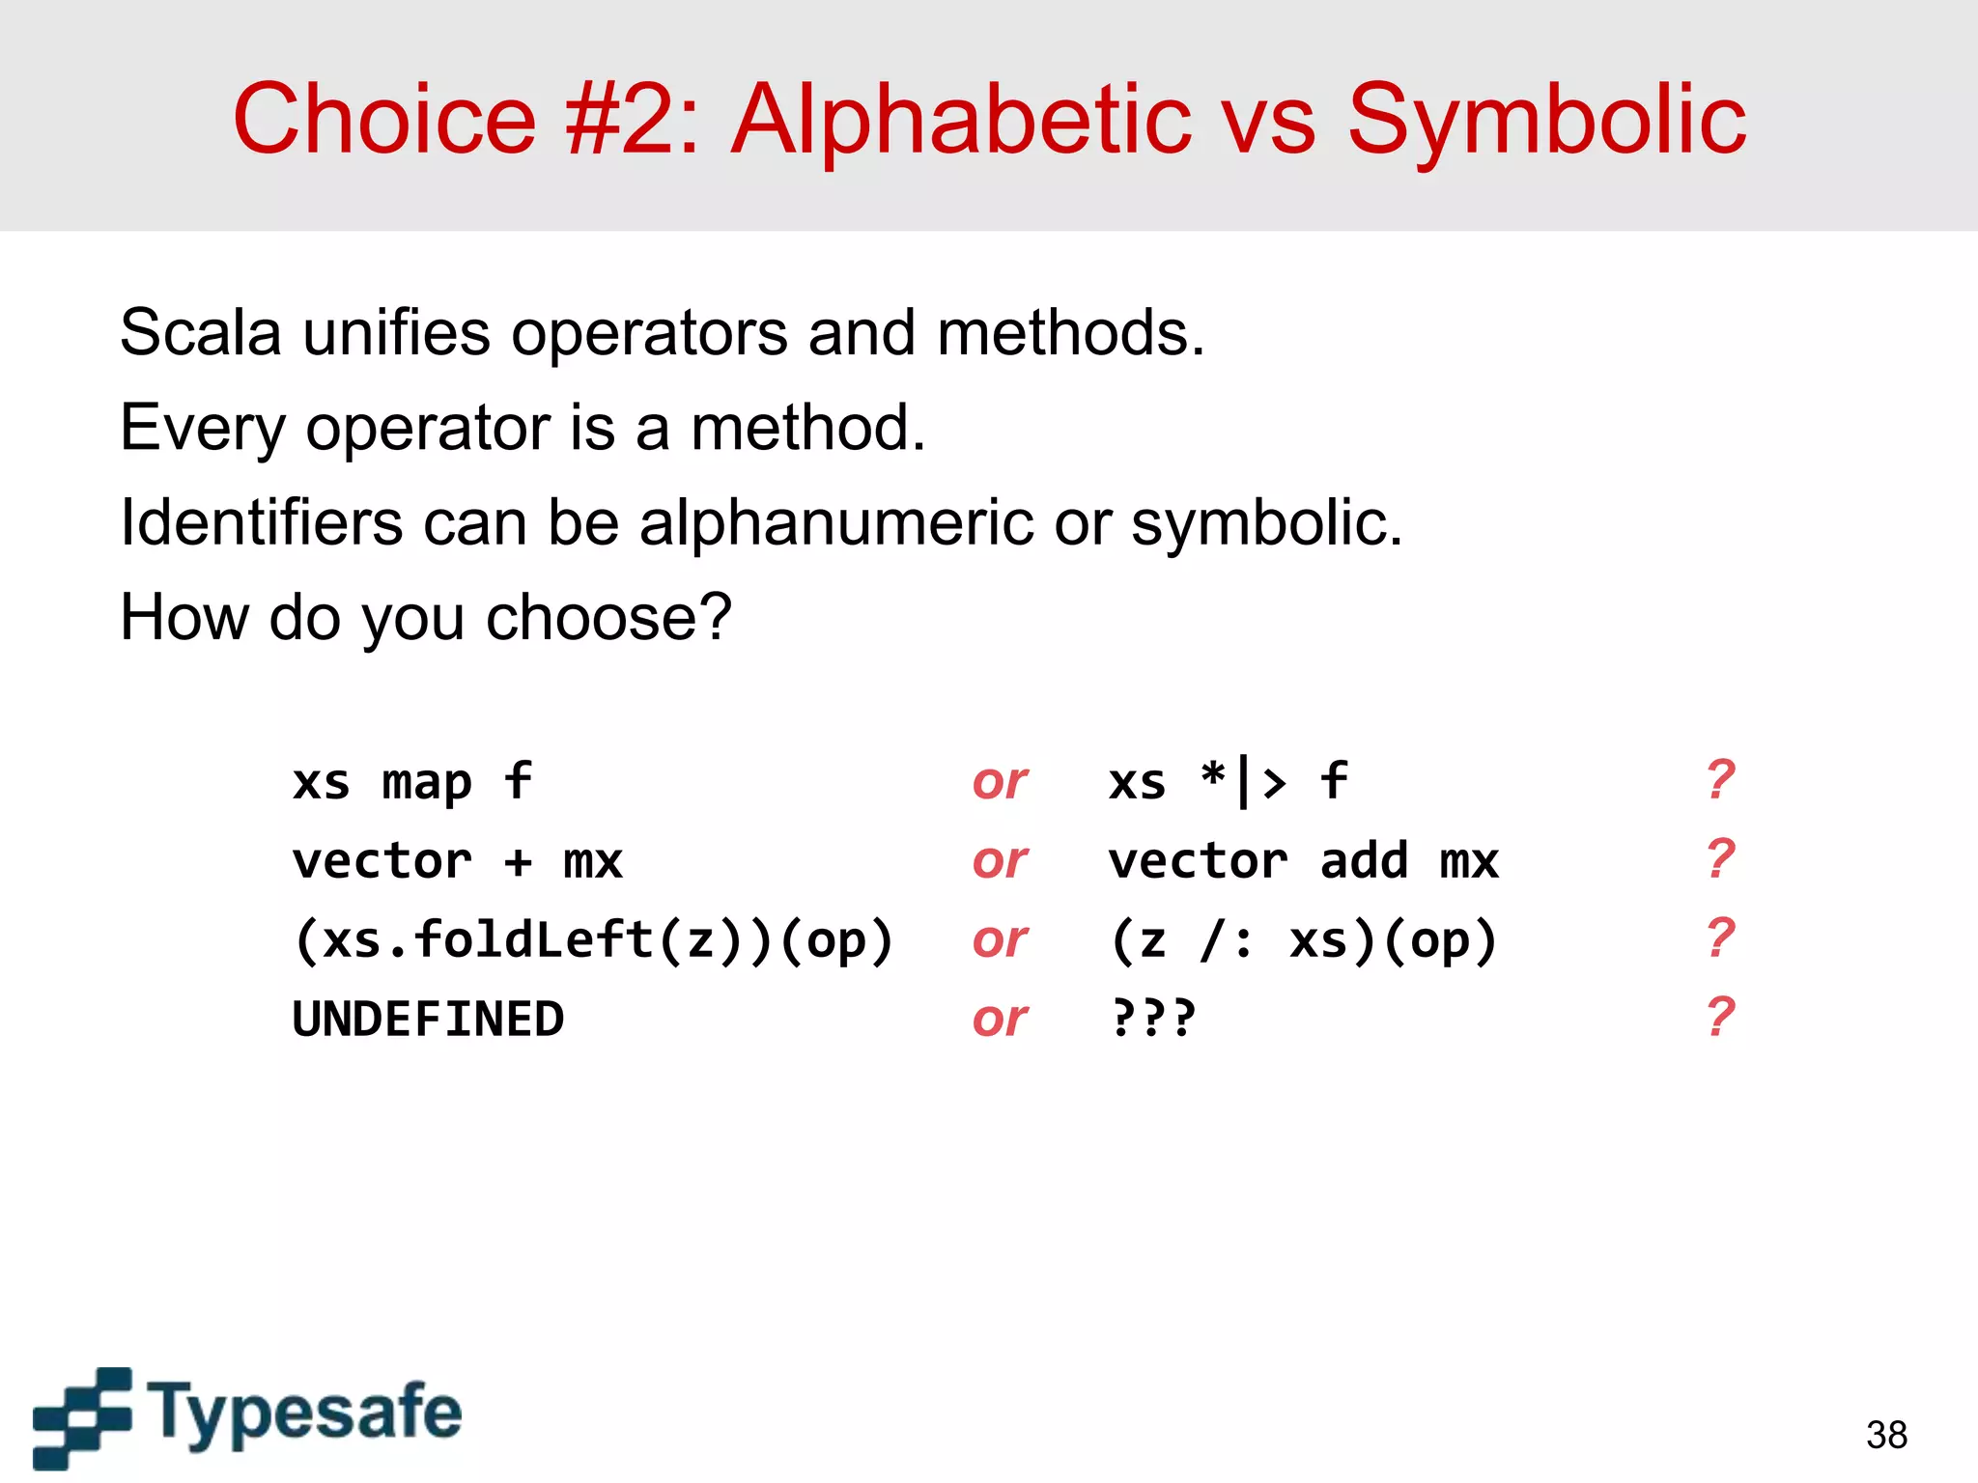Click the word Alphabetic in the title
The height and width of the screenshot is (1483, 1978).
point(960,120)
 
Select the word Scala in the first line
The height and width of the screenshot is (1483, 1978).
point(200,333)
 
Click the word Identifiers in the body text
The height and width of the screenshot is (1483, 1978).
point(261,522)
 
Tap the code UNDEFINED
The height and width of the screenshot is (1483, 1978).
point(428,1020)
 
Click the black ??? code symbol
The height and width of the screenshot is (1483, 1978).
point(1153,1018)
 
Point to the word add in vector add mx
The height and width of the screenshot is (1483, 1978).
point(1364,860)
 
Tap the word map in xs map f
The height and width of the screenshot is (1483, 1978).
point(427,783)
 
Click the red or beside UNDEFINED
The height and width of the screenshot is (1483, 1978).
point(1000,1020)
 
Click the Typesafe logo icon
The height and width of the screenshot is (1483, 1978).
point(82,1415)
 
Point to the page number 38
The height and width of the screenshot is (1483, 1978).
point(1886,1435)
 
